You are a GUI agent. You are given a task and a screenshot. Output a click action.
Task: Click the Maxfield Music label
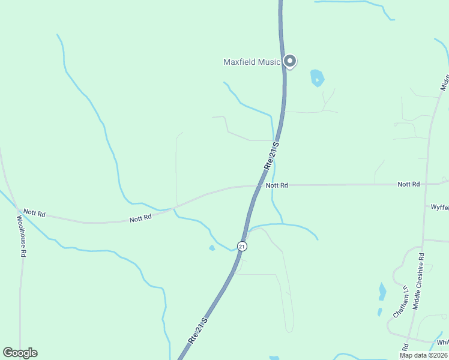click(252, 62)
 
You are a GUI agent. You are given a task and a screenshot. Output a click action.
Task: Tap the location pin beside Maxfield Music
click(291, 61)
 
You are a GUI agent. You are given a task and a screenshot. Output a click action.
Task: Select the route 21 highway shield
click(241, 247)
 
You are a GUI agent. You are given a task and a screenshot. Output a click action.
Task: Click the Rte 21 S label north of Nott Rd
click(271, 154)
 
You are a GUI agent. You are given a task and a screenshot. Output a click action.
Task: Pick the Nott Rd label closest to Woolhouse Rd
click(34, 213)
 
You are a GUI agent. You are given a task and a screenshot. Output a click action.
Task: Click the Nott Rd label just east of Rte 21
click(277, 185)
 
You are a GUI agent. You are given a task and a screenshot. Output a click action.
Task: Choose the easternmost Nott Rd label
click(408, 184)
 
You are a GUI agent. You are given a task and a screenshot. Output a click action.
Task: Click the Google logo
click(20, 353)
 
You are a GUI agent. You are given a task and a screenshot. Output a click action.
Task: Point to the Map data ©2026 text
click(423, 355)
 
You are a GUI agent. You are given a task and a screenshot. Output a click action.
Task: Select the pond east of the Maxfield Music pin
click(317, 78)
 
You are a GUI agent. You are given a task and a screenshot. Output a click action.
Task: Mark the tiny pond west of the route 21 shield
click(212, 247)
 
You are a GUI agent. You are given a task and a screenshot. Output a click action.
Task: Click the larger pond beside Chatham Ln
click(382, 291)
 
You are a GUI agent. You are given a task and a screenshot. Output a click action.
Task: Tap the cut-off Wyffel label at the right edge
click(439, 207)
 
